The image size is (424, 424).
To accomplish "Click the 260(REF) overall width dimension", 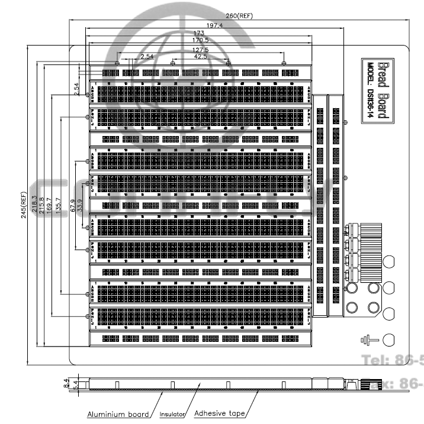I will tap(240, 15).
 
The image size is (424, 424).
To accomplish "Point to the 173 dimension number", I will tap(200, 33).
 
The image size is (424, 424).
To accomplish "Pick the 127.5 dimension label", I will tap(200, 49).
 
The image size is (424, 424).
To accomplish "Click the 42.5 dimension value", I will tap(201, 57).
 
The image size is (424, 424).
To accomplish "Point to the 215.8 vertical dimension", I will tap(41, 205).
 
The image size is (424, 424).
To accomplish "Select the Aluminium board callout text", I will tap(118, 414).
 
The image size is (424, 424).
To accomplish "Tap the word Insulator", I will tap(172, 414).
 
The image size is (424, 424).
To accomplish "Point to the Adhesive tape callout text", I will tap(219, 413).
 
